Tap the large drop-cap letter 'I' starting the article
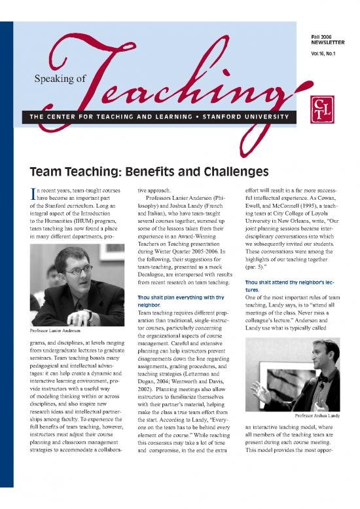click(x=26, y=195)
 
